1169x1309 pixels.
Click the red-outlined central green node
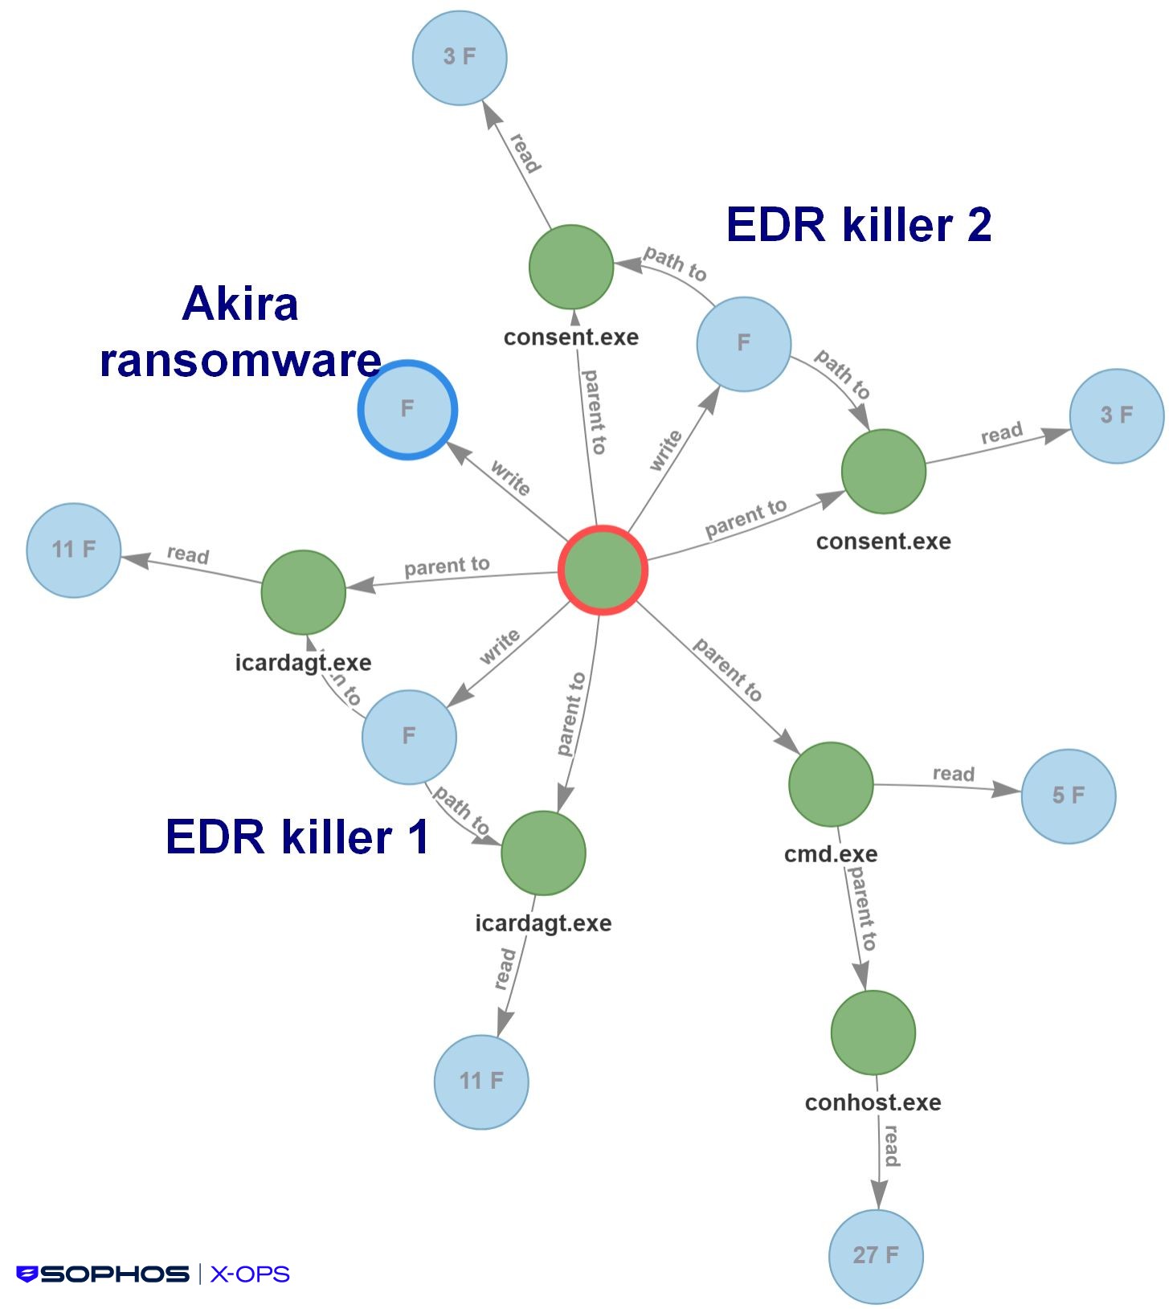tap(603, 571)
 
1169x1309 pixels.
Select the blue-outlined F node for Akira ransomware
tap(407, 410)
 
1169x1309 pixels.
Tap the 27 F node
tap(876, 1256)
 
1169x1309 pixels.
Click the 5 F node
tap(1068, 796)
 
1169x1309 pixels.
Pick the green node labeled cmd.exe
tap(831, 784)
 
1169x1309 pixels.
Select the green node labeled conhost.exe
tap(873, 1033)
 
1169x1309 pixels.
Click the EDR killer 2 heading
tap(858, 224)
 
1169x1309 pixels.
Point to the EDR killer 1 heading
tap(297, 837)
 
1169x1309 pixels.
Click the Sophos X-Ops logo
tap(153, 1274)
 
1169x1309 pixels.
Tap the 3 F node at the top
tap(460, 57)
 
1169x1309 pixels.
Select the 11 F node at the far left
tap(74, 550)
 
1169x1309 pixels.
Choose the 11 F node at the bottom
tap(481, 1082)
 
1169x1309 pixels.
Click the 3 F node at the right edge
tap(1116, 415)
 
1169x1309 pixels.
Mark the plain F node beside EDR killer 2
tap(743, 344)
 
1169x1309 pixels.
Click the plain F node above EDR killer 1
tap(409, 736)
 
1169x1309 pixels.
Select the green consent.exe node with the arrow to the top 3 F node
tap(571, 267)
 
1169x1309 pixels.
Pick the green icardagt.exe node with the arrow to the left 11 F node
tap(304, 592)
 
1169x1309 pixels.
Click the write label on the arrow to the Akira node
tap(510, 478)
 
